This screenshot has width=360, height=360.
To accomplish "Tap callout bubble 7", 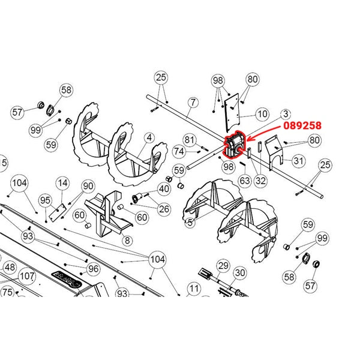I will click(191, 103).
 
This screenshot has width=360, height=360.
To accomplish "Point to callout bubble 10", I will click(262, 113).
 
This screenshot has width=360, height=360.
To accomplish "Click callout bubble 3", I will click(286, 113).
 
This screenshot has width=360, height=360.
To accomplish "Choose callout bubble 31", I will click(299, 161).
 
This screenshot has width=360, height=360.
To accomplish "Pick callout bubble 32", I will click(260, 179).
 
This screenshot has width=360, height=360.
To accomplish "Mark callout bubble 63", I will click(244, 179).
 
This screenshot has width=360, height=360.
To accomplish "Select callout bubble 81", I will click(190, 140).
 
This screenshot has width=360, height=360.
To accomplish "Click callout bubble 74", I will click(179, 151).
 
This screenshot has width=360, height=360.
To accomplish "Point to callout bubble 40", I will click(164, 189).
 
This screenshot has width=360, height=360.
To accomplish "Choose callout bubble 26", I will click(164, 208).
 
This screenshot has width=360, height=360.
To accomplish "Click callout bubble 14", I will click(62, 182).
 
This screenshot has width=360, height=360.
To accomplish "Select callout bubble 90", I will click(88, 186).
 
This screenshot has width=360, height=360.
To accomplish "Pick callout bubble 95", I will click(46, 200).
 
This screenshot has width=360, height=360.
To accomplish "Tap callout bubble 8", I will click(127, 240).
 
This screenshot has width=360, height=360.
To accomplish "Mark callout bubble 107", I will click(26, 277).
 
